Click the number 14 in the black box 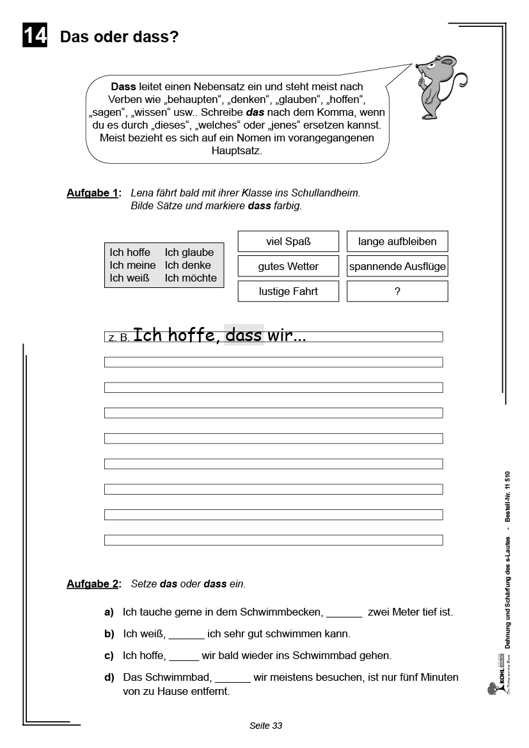[x=35, y=36]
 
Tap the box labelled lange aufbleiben [x=397, y=241]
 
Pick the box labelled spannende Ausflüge [x=397, y=266]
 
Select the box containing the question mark [x=397, y=291]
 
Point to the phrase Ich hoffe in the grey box [x=130, y=252]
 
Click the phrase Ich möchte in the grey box [x=191, y=278]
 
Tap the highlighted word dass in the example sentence [x=244, y=335]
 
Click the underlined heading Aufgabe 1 [x=92, y=193]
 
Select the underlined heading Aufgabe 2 [x=92, y=584]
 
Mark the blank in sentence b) [x=187, y=635]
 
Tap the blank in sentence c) [x=184, y=656]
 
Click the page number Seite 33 [x=265, y=726]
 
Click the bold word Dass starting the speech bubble [x=123, y=86]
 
